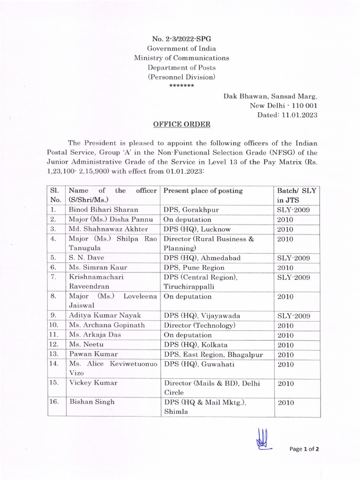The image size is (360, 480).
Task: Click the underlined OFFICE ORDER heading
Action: point(182,124)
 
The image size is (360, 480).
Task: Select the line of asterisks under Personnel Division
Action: point(181,86)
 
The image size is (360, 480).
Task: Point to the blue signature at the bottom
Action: point(261,440)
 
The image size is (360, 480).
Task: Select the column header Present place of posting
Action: point(203,191)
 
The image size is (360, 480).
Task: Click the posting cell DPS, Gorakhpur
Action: point(189,210)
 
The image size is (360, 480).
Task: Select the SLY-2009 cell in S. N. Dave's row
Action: point(293,258)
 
